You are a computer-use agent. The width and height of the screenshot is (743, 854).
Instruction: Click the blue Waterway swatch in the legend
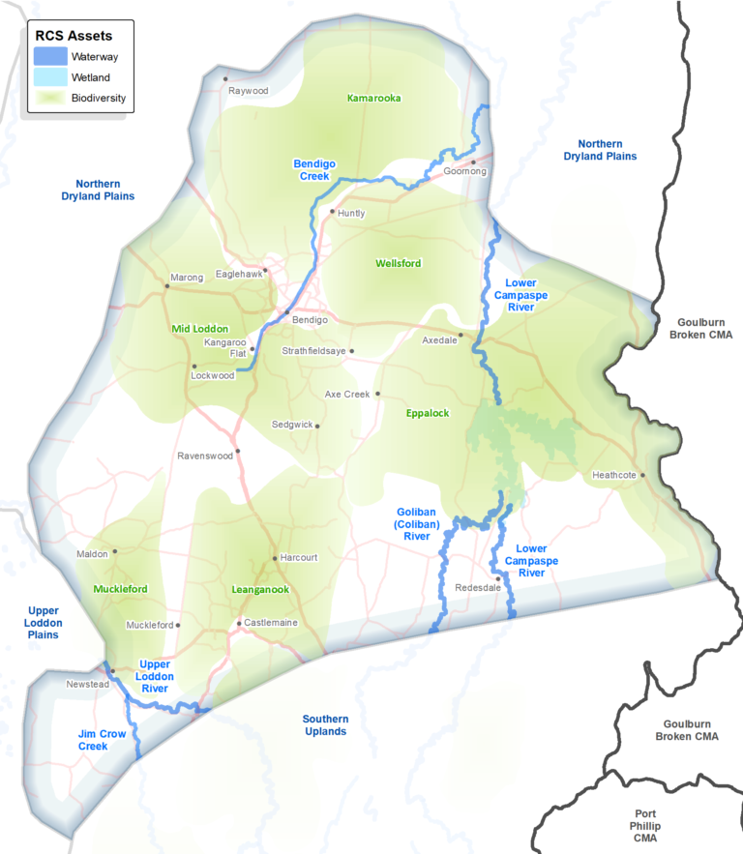click(50, 57)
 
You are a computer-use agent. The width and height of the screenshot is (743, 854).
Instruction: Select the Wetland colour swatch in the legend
click(50, 76)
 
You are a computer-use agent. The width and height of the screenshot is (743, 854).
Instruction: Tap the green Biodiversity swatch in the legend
click(50, 97)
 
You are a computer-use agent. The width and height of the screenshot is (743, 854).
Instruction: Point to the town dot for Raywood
click(225, 78)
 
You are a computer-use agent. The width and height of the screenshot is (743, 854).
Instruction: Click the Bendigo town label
click(311, 319)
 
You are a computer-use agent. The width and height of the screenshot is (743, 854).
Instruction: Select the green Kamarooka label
click(373, 98)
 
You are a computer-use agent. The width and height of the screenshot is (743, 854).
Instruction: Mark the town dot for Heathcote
click(641, 475)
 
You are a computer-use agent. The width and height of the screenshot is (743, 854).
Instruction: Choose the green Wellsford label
click(399, 263)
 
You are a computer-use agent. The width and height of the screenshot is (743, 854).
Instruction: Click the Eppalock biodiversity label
click(428, 413)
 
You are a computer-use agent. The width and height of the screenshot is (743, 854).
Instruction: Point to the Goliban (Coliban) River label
click(419, 523)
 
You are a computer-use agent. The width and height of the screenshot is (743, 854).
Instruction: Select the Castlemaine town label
click(271, 622)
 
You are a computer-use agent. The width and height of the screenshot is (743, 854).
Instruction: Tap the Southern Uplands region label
click(325, 725)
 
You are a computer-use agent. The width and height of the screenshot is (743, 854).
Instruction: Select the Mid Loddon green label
click(198, 329)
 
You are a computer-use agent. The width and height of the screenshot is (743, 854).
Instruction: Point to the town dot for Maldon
click(115, 551)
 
